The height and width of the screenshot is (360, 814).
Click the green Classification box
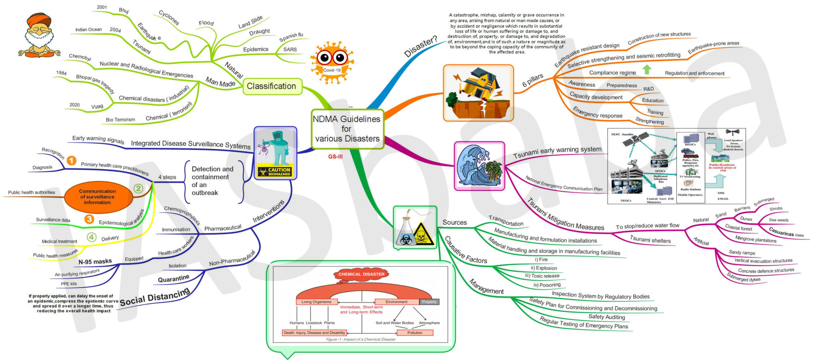[x=272, y=86]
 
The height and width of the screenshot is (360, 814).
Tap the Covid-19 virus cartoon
[x=331, y=62]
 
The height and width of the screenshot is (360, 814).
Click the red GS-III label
[x=335, y=157]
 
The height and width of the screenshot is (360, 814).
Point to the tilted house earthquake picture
[x=478, y=93]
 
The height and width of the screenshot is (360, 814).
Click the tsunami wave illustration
[x=479, y=166]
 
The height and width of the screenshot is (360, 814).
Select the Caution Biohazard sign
[x=275, y=172]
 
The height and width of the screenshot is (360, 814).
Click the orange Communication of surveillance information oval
[x=97, y=197]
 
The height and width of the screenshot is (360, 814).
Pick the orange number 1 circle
[x=72, y=161]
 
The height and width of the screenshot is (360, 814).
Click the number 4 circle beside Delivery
[x=91, y=237]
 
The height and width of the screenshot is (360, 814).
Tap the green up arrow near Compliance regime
[x=647, y=70]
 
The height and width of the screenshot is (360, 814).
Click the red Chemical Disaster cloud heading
[x=361, y=274]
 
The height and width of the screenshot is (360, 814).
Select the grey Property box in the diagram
[x=429, y=302]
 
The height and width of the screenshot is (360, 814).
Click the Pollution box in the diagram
[x=415, y=333]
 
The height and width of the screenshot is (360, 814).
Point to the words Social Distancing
[x=155, y=297]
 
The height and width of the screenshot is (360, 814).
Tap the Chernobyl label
[x=80, y=57]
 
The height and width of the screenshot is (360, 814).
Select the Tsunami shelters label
[x=650, y=240]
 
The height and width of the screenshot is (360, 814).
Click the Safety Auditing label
[x=607, y=317]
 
